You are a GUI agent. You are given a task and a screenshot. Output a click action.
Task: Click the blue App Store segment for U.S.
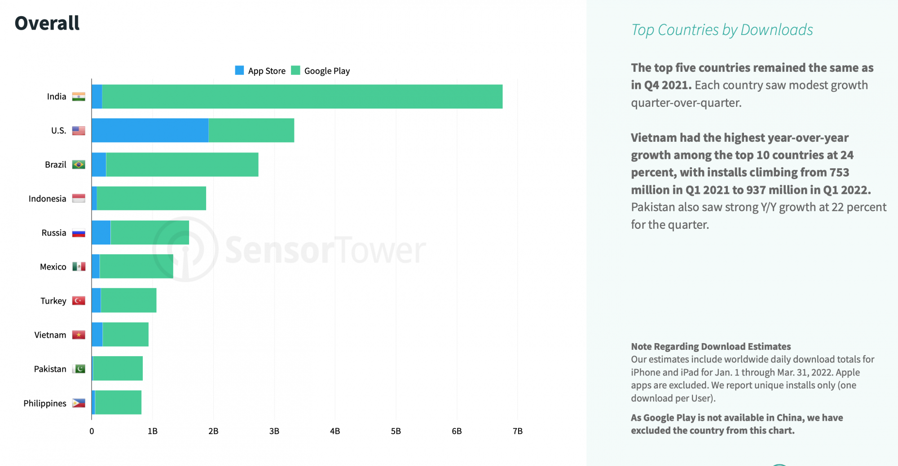click(x=150, y=131)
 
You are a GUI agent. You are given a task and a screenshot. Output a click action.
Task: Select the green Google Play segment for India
click(x=302, y=96)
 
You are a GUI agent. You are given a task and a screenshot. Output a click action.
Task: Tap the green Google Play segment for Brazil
click(x=182, y=165)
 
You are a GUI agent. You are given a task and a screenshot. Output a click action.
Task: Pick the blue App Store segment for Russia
click(x=101, y=232)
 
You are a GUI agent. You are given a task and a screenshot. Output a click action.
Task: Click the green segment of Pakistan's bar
click(x=118, y=369)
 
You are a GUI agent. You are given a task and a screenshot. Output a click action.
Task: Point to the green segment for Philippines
click(x=118, y=403)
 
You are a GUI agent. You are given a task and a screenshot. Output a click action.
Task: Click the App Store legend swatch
click(x=239, y=70)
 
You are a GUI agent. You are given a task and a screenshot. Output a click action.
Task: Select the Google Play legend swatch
click(x=295, y=70)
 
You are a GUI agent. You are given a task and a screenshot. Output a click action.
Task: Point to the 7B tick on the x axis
click(x=517, y=431)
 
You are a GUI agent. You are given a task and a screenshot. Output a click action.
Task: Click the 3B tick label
click(x=274, y=431)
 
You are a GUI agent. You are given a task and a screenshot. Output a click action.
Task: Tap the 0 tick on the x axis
click(x=92, y=431)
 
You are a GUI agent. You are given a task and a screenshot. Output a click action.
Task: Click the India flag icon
click(x=79, y=96)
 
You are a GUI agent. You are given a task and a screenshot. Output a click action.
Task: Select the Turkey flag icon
click(x=79, y=301)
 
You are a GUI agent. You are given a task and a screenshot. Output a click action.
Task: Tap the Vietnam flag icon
click(x=79, y=335)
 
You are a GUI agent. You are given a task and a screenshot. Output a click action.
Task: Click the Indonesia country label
click(x=47, y=199)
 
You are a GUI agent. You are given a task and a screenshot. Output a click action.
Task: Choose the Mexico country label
click(x=53, y=267)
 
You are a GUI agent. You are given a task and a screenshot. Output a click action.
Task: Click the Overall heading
click(x=47, y=23)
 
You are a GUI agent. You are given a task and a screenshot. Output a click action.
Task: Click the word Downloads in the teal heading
click(x=776, y=30)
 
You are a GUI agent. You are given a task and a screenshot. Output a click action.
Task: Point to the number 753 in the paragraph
click(x=839, y=172)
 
